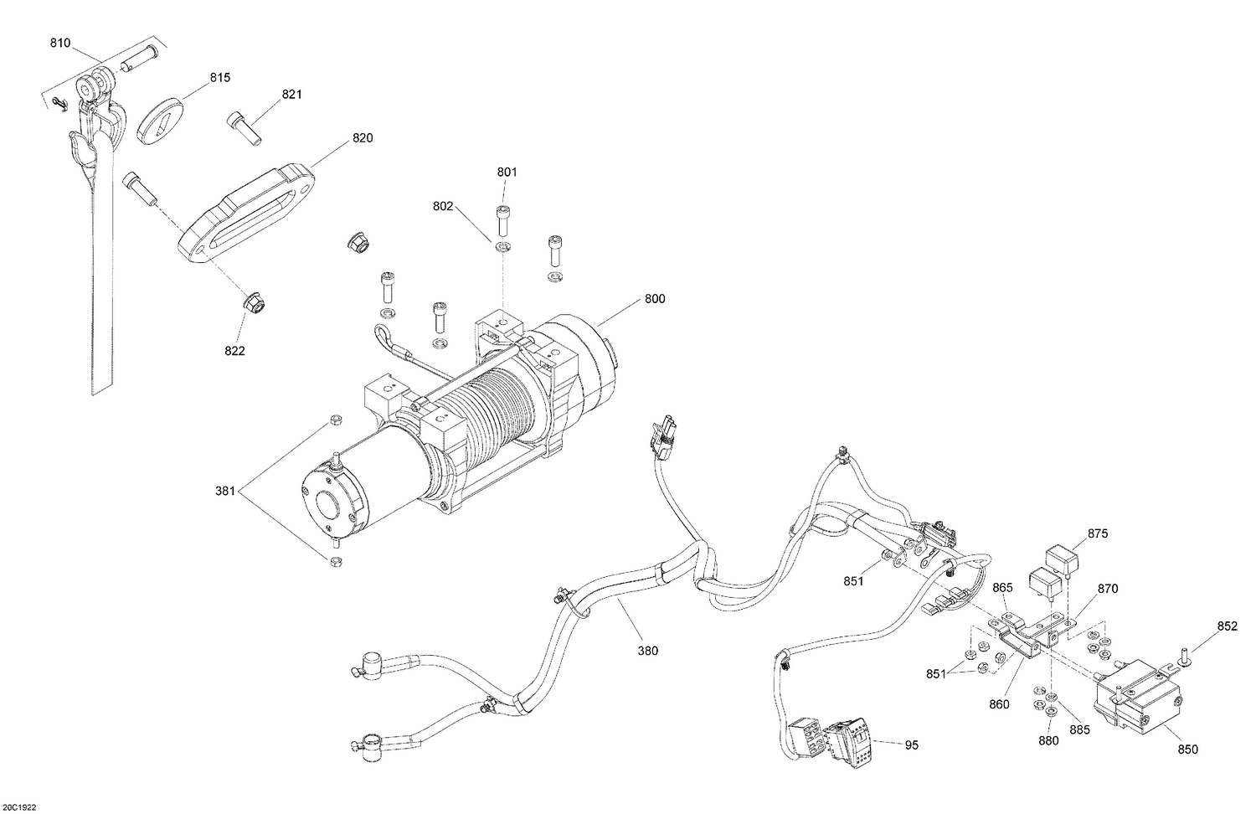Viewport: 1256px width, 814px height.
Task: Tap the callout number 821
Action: (291, 95)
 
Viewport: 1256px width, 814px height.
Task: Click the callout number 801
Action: (507, 173)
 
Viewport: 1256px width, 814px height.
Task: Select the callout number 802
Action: (443, 205)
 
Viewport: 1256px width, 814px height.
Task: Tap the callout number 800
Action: (655, 299)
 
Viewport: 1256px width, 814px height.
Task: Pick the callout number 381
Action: (226, 492)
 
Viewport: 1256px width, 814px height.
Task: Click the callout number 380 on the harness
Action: (647, 650)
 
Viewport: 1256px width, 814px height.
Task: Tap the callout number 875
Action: (1098, 533)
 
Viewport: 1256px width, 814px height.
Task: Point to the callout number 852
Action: (1228, 626)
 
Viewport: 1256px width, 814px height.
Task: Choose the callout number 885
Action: (1080, 729)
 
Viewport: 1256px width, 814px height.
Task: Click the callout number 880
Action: (1048, 740)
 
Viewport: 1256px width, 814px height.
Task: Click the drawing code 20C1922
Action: (19, 807)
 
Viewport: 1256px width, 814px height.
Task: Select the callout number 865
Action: (1003, 589)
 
